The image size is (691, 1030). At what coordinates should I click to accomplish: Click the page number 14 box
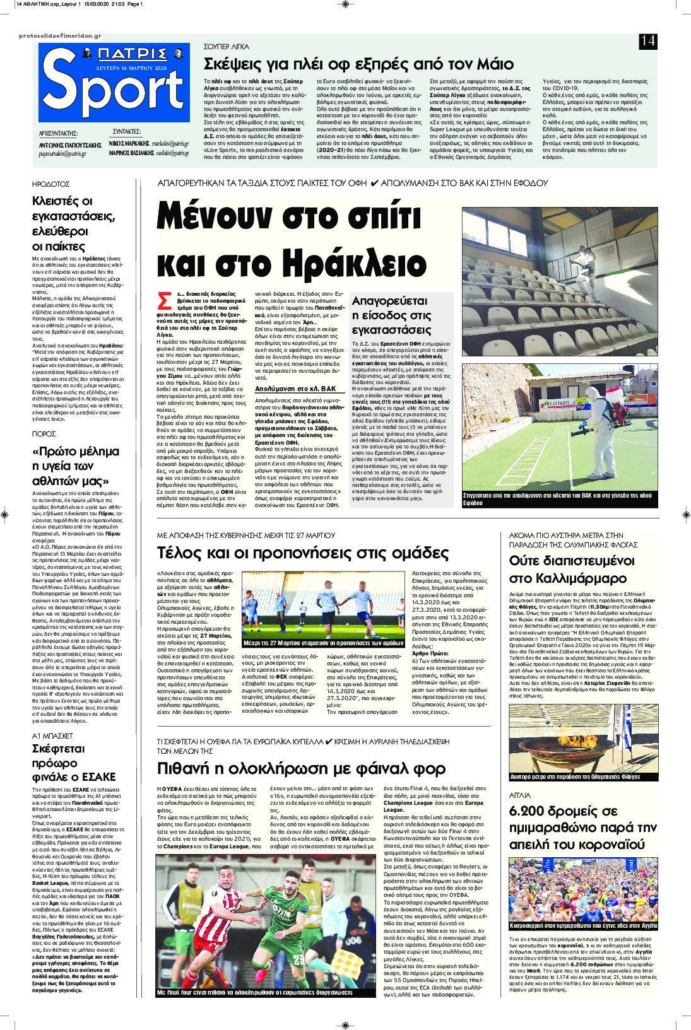[x=647, y=42]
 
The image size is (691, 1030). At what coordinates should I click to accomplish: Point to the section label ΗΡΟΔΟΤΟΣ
[x=51, y=184]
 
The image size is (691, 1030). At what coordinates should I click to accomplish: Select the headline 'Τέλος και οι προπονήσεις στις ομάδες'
[x=302, y=553]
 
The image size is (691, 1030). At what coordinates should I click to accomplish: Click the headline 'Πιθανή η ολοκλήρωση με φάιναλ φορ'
[x=301, y=768]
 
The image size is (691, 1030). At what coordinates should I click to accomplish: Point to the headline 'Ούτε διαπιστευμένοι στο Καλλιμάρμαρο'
[x=572, y=570]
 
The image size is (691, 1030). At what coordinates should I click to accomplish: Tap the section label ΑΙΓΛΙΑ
[x=521, y=795]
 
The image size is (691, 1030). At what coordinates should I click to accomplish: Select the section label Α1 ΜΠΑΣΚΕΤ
[x=52, y=735]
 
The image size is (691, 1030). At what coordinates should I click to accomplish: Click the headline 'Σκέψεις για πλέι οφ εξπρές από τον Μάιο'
[x=358, y=64]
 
